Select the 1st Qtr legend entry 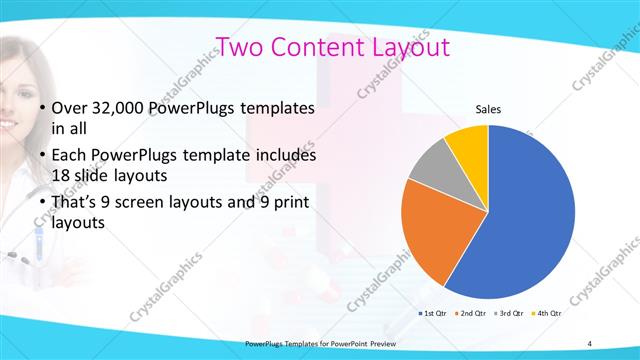coord(434,314)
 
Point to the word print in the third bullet coord(288,204)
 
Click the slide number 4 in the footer coord(590,344)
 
